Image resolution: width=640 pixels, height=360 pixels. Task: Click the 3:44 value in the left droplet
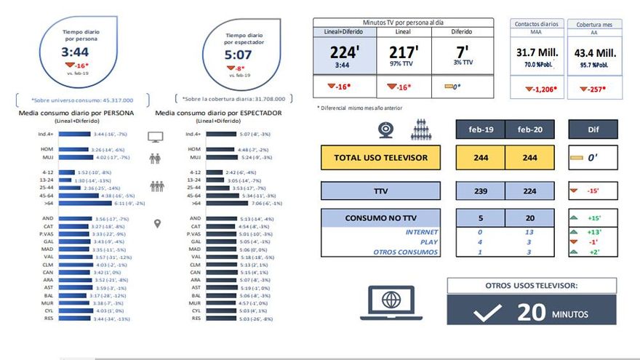pyautogui.click(x=75, y=52)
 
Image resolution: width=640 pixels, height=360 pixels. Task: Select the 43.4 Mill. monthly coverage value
pyautogui.click(x=595, y=53)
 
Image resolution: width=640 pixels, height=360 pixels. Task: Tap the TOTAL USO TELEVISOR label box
pyautogui.click(x=380, y=157)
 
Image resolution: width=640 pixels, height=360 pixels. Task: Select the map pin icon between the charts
pyautogui.click(x=156, y=224)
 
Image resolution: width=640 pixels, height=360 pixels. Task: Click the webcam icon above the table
pyautogui.click(x=385, y=129)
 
